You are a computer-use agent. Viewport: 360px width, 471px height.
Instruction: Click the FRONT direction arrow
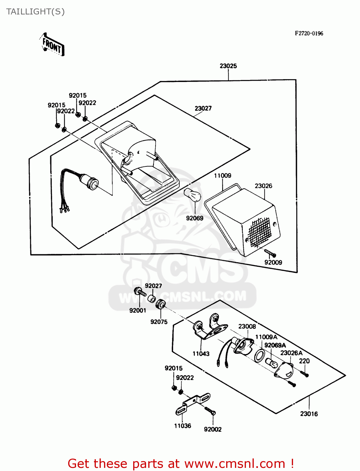point(52,45)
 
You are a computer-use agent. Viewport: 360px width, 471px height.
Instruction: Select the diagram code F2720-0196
point(309,33)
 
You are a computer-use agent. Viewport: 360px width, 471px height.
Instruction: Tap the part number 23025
point(228,66)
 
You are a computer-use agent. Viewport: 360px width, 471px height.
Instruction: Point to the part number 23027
point(203,108)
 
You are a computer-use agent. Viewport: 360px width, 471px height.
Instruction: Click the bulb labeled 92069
point(192,195)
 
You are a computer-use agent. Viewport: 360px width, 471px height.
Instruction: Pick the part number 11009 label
point(222,176)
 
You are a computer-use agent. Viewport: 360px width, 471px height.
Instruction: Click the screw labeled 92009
point(270,253)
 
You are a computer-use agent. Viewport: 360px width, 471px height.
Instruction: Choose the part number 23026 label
point(263,186)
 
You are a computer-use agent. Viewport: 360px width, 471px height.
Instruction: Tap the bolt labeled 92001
point(139,292)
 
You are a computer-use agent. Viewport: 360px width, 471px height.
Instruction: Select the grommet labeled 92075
point(161,304)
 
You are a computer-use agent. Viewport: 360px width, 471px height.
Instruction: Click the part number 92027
point(153,286)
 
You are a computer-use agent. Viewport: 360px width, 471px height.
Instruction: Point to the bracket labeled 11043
point(209,328)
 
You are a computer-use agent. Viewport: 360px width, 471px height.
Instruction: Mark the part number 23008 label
point(247,327)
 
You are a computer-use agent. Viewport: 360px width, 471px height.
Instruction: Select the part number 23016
point(309,414)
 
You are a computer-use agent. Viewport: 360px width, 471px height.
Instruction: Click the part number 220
point(304,361)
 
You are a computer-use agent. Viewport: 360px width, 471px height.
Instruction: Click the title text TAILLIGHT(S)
point(35,12)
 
